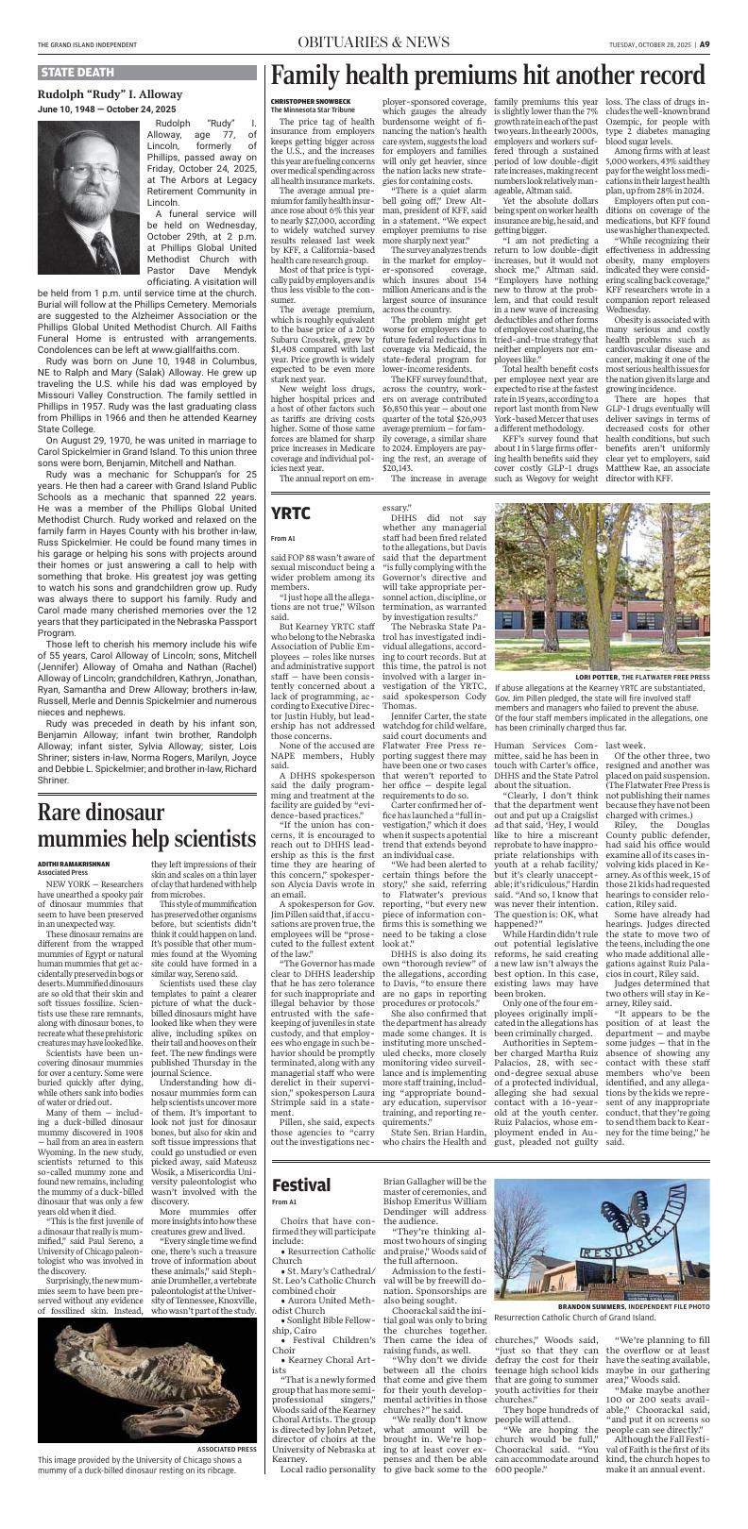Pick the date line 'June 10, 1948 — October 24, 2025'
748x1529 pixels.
pyautogui.click(x=105, y=108)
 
